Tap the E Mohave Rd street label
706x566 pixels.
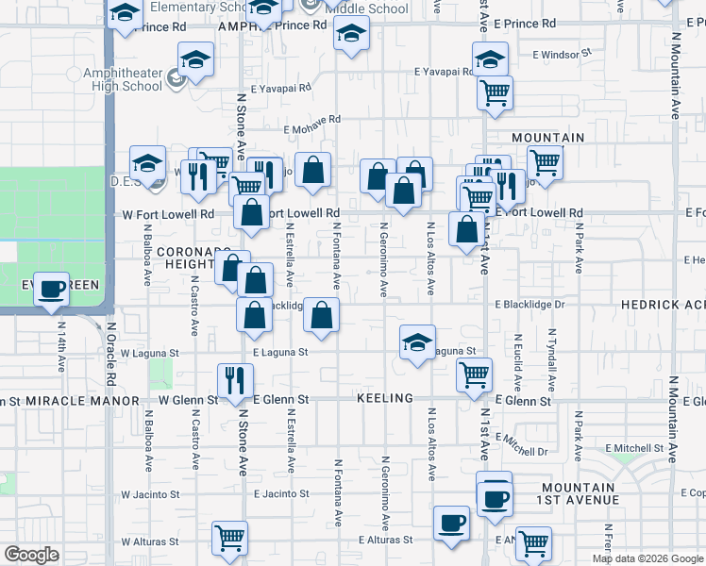tap(311, 119)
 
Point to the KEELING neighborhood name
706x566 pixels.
tap(385, 399)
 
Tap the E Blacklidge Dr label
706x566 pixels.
tap(529, 305)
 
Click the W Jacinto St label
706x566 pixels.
tap(149, 494)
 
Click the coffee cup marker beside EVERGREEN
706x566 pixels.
tap(52, 289)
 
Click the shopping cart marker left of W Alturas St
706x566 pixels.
tap(229, 539)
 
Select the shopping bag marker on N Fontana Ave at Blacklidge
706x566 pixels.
tap(322, 317)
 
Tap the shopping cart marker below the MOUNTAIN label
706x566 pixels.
tap(545, 162)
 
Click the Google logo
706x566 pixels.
tap(31, 555)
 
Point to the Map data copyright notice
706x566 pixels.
tap(647, 558)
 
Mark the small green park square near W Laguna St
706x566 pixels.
tap(161, 372)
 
